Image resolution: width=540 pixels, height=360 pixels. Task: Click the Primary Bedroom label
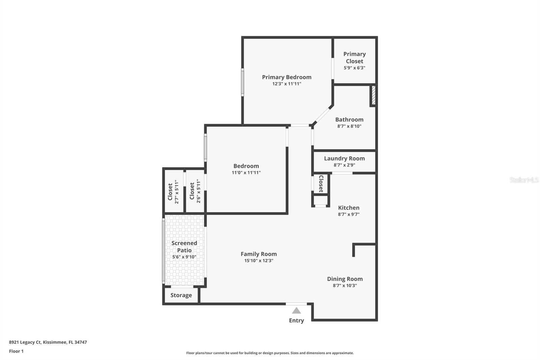(287, 77)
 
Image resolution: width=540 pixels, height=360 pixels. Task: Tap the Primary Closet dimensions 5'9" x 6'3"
(354, 68)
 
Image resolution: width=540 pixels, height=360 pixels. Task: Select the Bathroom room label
(349, 120)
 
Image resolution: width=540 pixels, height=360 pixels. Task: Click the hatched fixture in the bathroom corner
(373, 96)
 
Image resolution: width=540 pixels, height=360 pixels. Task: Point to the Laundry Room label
(344, 158)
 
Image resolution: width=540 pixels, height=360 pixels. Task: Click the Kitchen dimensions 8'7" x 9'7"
(349, 214)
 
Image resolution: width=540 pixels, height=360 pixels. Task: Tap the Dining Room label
(345, 279)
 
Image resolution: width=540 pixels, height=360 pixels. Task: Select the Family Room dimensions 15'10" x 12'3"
(259, 261)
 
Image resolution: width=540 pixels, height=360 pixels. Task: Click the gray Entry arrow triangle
(296, 311)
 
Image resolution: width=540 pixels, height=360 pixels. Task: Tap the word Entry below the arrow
(296, 320)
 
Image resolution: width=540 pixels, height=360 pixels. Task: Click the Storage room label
(181, 295)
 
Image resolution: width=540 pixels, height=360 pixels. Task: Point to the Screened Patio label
(184, 247)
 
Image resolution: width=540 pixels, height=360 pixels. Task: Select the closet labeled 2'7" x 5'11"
(173, 191)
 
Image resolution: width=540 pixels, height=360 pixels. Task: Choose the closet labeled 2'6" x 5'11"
(195, 191)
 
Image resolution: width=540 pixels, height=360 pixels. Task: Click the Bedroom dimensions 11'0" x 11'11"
(246, 173)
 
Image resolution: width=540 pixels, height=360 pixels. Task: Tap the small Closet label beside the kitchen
(321, 184)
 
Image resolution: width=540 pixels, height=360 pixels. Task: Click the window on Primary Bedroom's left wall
(242, 82)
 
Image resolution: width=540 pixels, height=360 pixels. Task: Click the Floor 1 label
(16, 351)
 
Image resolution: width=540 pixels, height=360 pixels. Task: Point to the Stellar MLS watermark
(524, 180)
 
